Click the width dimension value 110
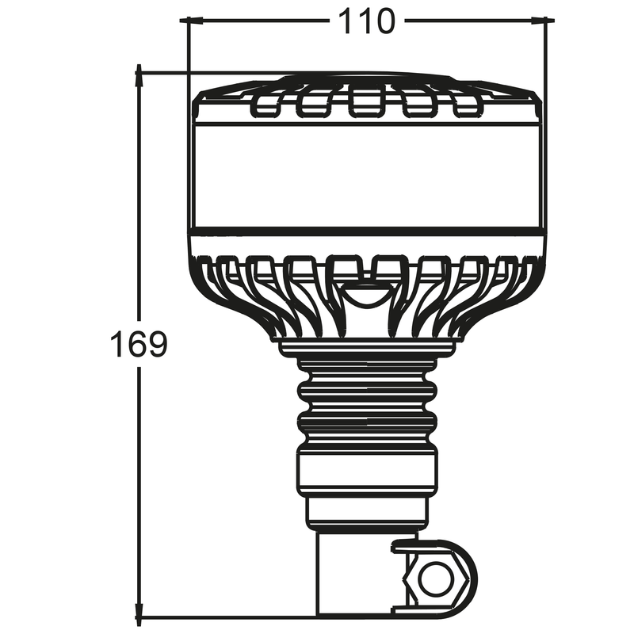[x=367, y=21]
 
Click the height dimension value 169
[x=139, y=346]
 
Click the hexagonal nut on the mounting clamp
[x=434, y=579]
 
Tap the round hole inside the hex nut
[x=435, y=579]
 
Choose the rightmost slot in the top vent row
[x=467, y=104]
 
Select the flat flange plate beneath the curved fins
[x=367, y=346]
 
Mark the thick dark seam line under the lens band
[x=367, y=234]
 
